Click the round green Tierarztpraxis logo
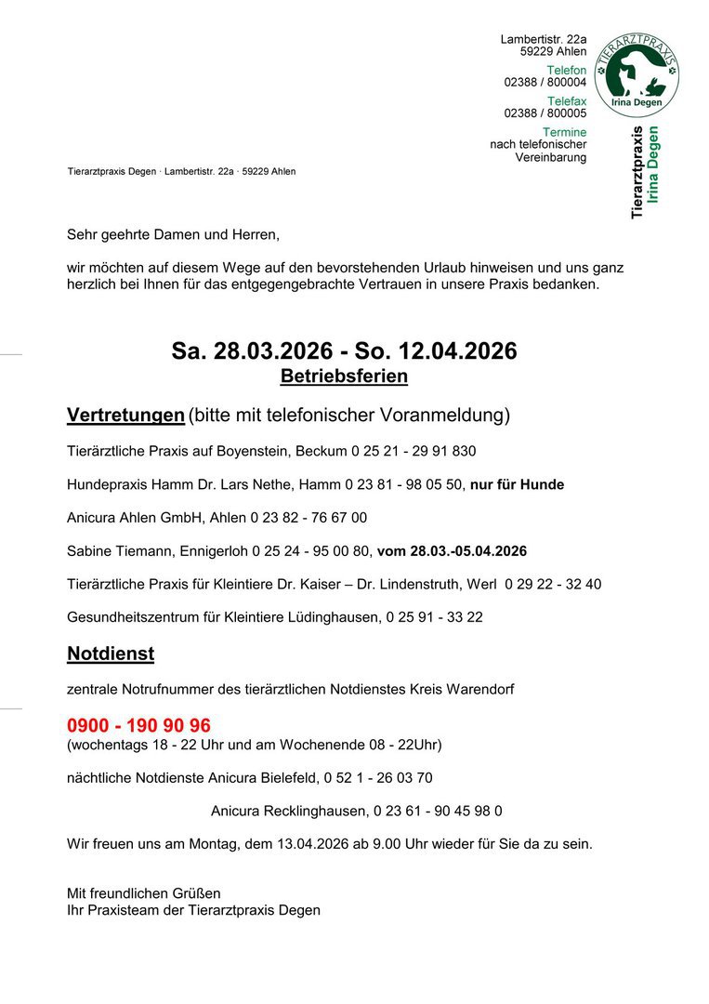pyautogui.click(x=637, y=75)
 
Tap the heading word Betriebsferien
pyautogui.click(x=344, y=376)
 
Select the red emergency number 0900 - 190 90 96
pyautogui.click(x=138, y=725)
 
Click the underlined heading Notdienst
pyautogui.click(x=111, y=654)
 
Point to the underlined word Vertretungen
pyautogui.click(x=125, y=415)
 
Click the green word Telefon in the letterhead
pyautogui.click(x=567, y=71)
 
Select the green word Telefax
pyautogui.click(x=567, y=101)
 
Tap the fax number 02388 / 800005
pyautogui.click(x=545, y=113)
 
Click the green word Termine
pyautogui.click(x=565, y=133)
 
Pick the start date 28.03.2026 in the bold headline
pyautogui.click(x=273, y=351)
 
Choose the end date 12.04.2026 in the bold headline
pyautogui.click(x=457, y=351)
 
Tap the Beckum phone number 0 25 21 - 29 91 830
pyautogui.click(x=414, y=452)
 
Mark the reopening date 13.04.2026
pyautogui.click(x=319, y=844)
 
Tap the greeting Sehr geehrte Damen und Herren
pyautogui.click(x=173, y=234)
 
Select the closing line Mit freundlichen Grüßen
pyautogui.click(x=144, y=893)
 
